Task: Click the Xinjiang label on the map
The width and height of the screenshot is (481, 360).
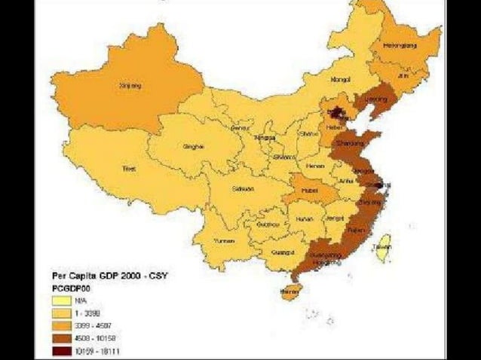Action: (x=130, y=86)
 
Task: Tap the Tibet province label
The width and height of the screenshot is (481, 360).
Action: (x=129, y=169)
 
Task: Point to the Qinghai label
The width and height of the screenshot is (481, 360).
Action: (x=193, y=147)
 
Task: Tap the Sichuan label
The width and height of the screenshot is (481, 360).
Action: (x=243, y=189)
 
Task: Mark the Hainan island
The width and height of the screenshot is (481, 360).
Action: (x=290, y=288)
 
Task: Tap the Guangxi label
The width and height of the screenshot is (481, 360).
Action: (x=283, y=252)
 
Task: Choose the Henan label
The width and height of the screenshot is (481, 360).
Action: (x=314, y=166)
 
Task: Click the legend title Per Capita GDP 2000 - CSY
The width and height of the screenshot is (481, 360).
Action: (x=109, y=275)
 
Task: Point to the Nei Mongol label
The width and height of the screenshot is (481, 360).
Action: (x=341, y=79)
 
